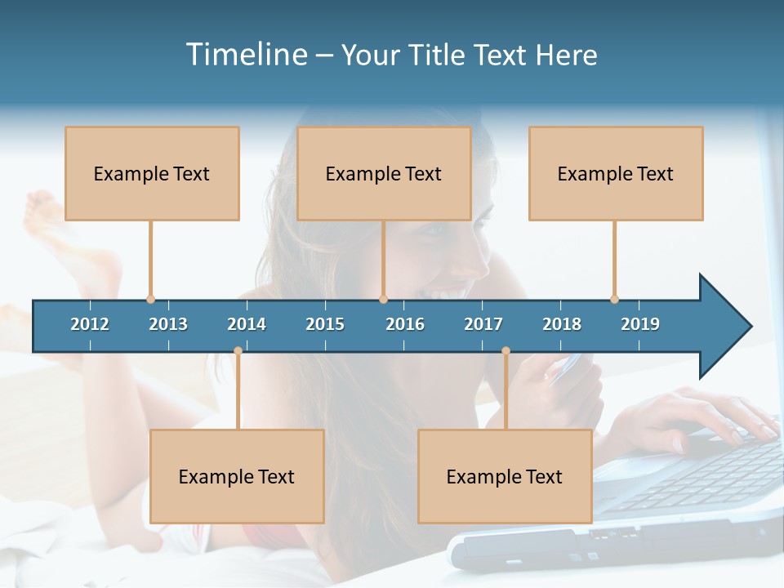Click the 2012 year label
pyautogui.click(x=90, y=324)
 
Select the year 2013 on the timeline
pyautogui.click(x=168, y=324)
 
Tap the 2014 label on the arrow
pyautogui.click(x=247, y=324)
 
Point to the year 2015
pyautogui.click(x=325, y=324)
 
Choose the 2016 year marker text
pyautogui.click(x=405, y=324)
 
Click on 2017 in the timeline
pyautogui.click(x=483, y=324)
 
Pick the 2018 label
pyautogui.click(x=562, y=324)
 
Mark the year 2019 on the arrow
pyautogui.click(x=640, y=324)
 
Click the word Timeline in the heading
pyautogui.click(x=245, y=55)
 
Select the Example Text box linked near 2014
pyautogui.click(x=237, y=476)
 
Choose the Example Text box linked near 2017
pyautogui.click(x=505, y=476)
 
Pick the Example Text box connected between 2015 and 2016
pyautogui.click(x=384, y=173)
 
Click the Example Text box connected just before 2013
pyautogui.click(x=152, y=173)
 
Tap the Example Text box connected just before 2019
pyautogui.click(x=616, y=173)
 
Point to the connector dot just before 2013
pyautogui.click(x=150, y=299)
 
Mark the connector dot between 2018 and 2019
pyautogui.click(x=614, y=299)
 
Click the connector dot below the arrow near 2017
pyautogui.click(x=506, y=351)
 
